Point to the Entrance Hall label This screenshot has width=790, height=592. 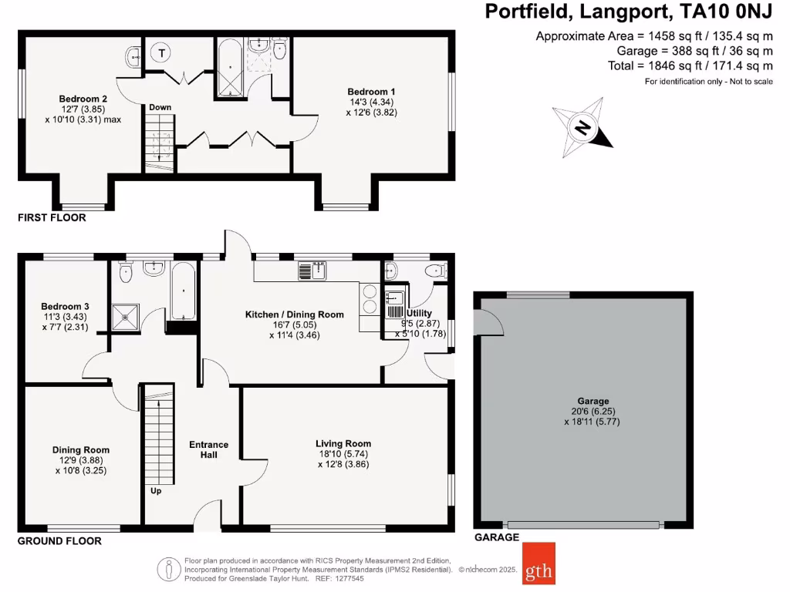click(x=209, y=449)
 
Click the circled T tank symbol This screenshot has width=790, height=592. click(x=162, y=53)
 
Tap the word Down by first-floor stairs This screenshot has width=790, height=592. click(x=160, y=107)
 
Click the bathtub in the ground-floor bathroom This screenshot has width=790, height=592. click(x=182, y=291)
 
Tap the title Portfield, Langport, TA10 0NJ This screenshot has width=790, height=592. click(x=628, y=12)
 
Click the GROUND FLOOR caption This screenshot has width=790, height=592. click(x=60, y=541)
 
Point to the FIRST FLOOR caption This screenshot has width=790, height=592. click(x=52, y=218)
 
